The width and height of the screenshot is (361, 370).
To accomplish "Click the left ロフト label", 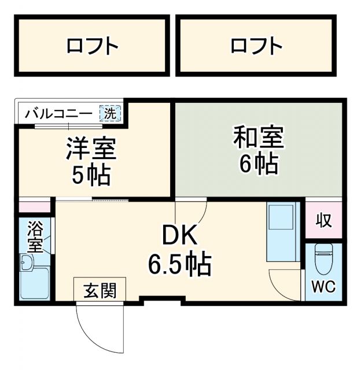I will [93, 45].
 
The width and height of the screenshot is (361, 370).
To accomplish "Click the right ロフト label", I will [256, 45].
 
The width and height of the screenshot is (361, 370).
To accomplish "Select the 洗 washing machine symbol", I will [110, 113].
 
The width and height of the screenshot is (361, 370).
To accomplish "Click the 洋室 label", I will [91, 149].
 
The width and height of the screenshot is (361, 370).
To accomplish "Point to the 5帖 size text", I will [91, 175].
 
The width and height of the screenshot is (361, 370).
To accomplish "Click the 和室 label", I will [259, 139].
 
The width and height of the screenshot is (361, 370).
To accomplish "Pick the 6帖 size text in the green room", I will [259, 165].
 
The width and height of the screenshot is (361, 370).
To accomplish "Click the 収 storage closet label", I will [324, 221].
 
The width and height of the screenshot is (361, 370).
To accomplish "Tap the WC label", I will [323, 286].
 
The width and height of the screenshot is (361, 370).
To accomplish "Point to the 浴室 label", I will [35, 236].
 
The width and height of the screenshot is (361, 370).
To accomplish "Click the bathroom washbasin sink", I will [27, 263].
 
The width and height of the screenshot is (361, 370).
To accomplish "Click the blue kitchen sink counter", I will [282, 231].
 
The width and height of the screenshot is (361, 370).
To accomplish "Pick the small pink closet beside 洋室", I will [35, 206].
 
